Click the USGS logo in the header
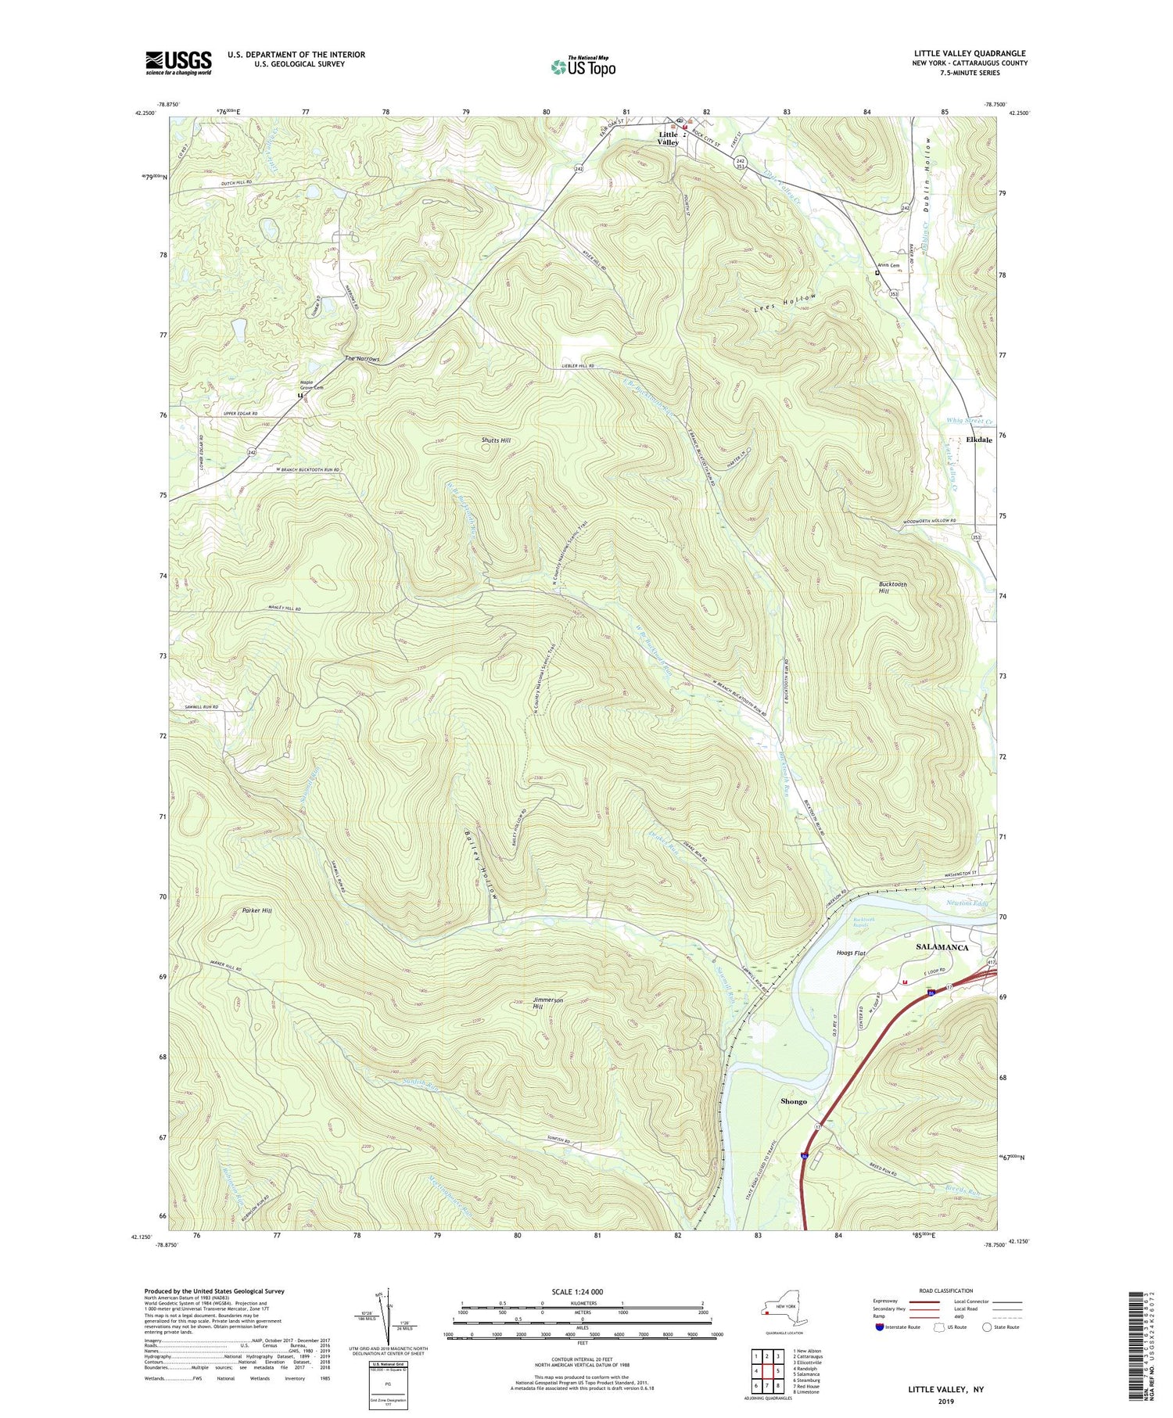click(x=178, y=63)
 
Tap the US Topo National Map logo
click(x=583, y=66)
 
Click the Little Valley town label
click(x=667, y=138)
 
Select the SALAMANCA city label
click(x=942, y=947)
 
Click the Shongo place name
click(x=793, y=1101)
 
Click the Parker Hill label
click(x=256, y=911)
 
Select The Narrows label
click(x=362, y=359)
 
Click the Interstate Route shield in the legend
click(x=880, y=1327)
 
